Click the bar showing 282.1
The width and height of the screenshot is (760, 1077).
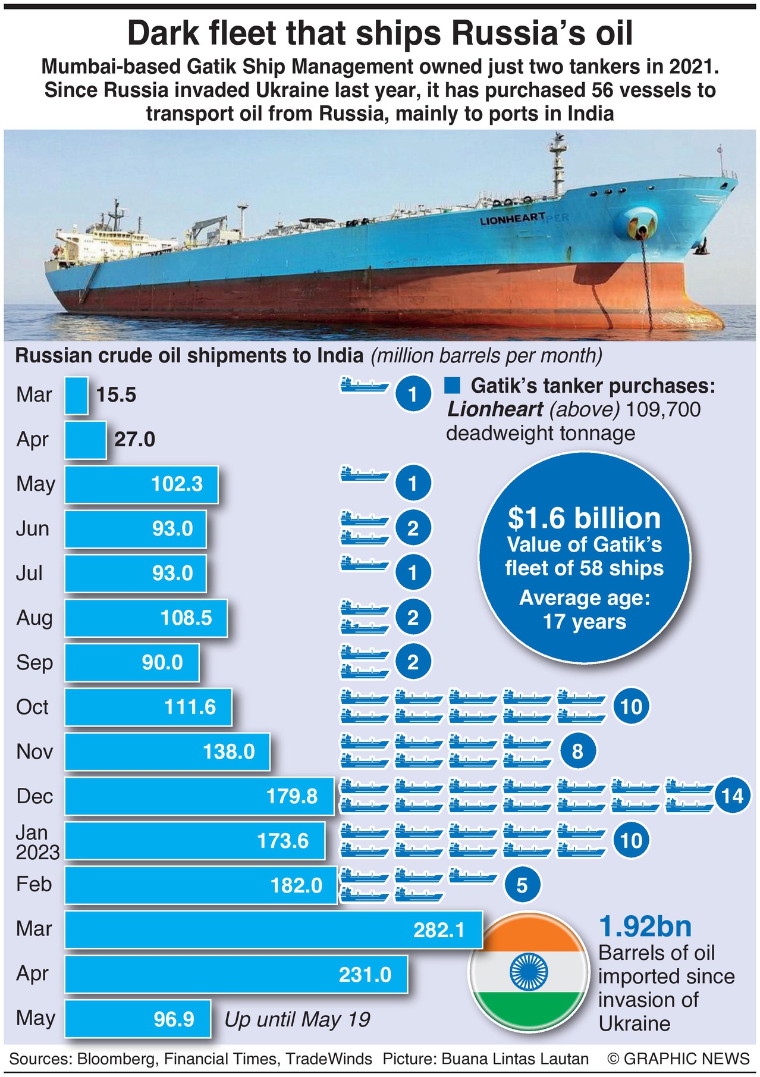[273, 929]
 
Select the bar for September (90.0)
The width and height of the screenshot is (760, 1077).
[131, 662]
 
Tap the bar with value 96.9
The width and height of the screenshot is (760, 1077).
[137, 1019]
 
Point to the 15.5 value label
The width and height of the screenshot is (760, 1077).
[117, 395]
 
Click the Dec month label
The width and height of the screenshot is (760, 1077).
[34, 796]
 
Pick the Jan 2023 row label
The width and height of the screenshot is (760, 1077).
[37, 841]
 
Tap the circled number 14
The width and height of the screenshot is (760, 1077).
[732, 796]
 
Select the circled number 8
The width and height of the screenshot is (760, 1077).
[577, 752]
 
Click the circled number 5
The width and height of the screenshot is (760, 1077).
[522, 885]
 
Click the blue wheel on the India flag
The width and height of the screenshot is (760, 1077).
[529, 972]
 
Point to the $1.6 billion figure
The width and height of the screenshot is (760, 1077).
[584, 518]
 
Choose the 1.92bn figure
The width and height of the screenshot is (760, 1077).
[645, 926]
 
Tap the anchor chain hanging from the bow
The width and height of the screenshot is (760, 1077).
[647, 280]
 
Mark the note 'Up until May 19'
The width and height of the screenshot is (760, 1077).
[297, 1019]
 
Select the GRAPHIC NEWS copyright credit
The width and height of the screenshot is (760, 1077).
[679, 1059]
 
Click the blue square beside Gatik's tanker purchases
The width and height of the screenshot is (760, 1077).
[452, 386]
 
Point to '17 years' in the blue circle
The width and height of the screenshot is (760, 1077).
[584, 622]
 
